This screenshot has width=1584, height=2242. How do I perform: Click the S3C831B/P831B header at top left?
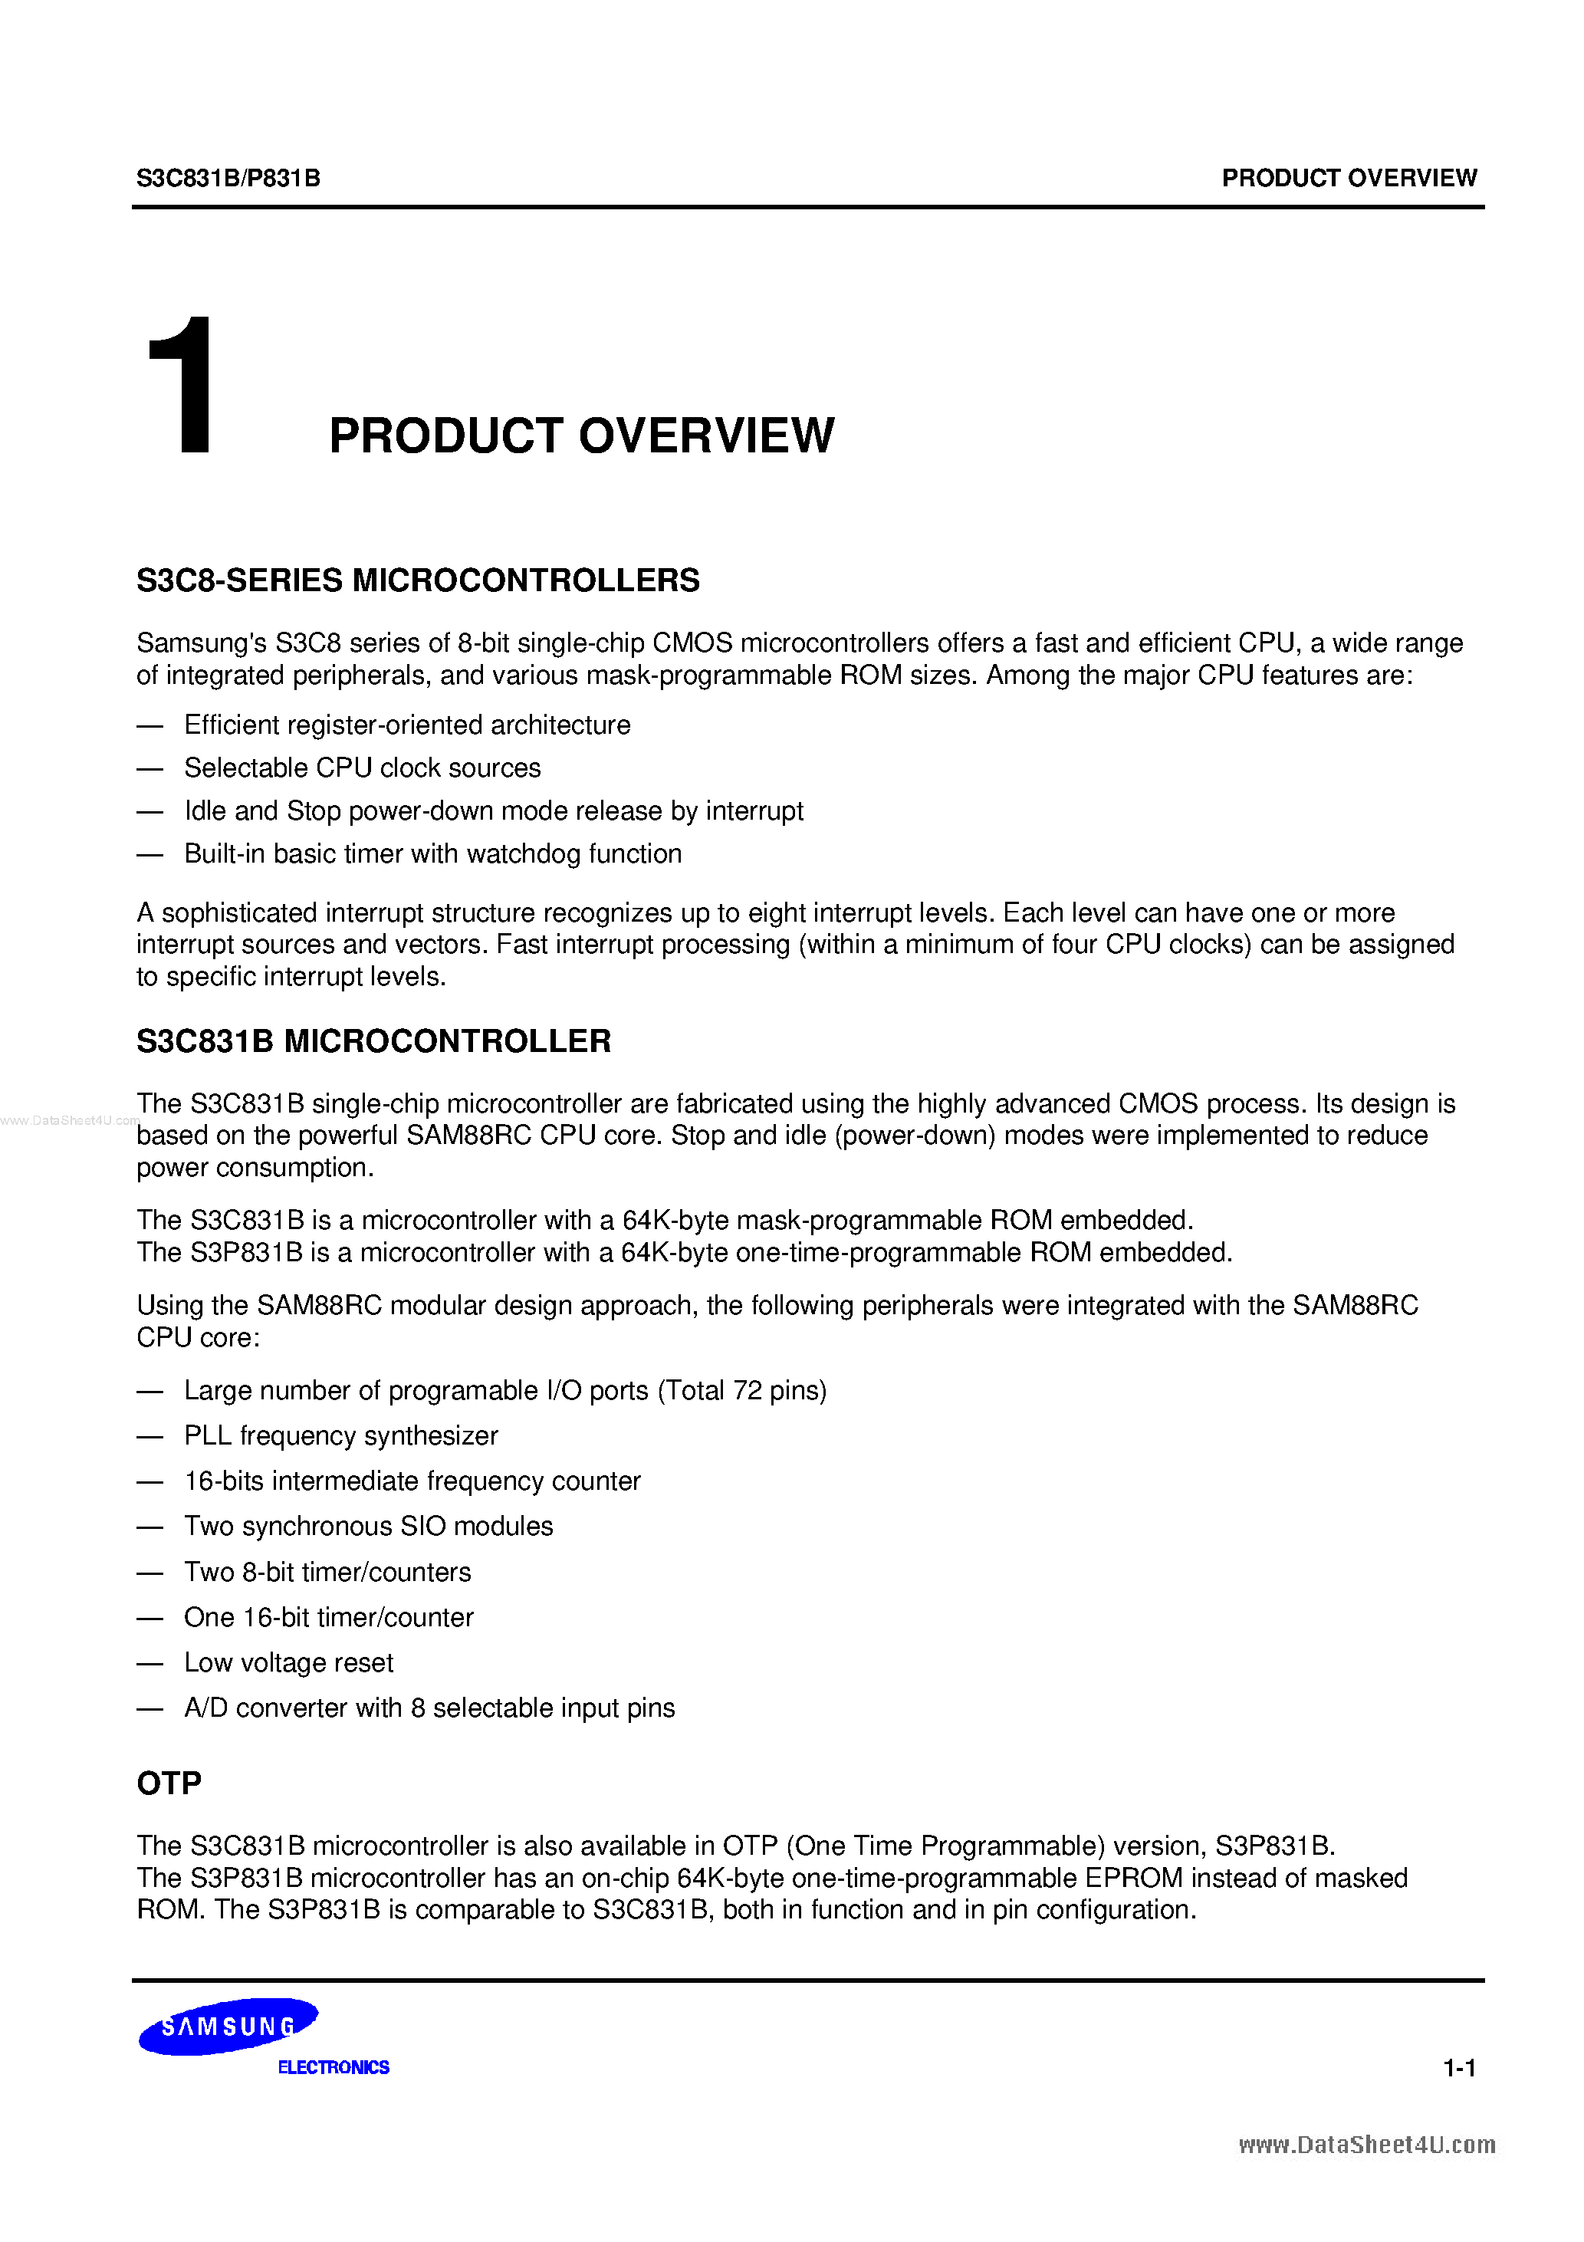[228, 179]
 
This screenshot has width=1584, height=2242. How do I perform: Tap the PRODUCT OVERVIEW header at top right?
[1349, 179]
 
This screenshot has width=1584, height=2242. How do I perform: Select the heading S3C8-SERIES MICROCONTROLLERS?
[418, 580]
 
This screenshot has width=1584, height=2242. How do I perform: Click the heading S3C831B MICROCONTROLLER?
[373, 1041]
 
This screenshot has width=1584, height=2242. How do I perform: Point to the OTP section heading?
[169, 1783]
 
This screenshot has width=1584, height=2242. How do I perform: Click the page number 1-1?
[1459, 2067]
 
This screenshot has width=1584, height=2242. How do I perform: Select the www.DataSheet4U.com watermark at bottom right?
[1366, 2145]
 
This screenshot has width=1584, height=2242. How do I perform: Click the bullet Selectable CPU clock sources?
[363, 768]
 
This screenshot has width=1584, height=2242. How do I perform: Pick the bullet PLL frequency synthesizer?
[341, 1435]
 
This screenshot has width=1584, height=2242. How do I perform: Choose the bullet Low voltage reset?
[289, 1662]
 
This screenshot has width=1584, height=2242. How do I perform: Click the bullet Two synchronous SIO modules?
[368, 1527]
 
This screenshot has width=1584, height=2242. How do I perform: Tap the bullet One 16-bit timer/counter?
[328, 1617]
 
